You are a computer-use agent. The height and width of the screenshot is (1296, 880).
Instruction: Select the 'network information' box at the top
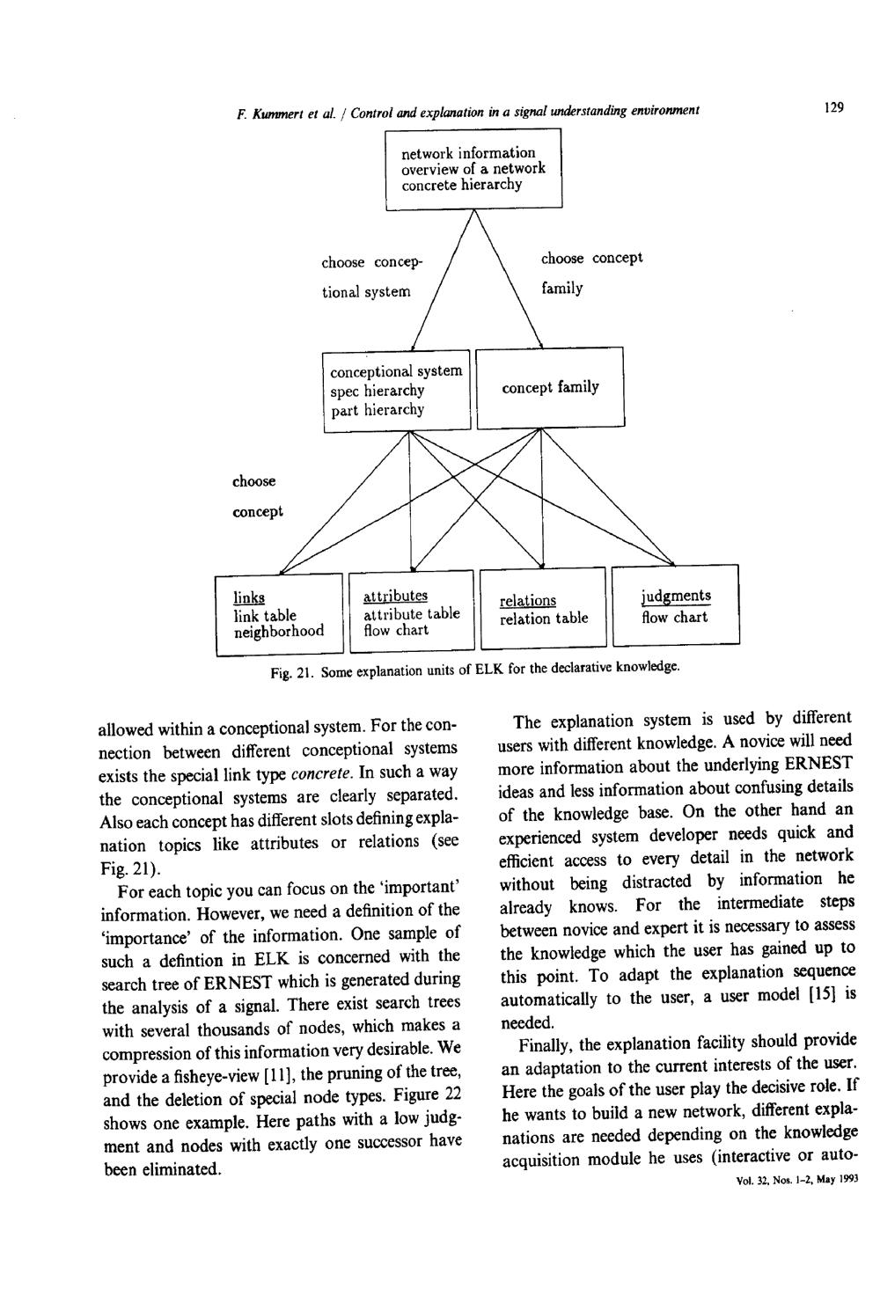(x=473, y=169)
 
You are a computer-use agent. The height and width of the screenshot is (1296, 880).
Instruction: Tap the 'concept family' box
(x=550, y=388)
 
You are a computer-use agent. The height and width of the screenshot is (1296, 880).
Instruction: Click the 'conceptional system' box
(x=397, y=391)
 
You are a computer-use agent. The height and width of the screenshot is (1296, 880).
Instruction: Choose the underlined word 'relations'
(x=528, y=601)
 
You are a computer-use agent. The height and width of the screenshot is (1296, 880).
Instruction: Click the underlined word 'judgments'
(x=676, y=597)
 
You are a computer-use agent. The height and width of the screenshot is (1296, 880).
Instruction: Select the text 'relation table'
(x=544, y=619)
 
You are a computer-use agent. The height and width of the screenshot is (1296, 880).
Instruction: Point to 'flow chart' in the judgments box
(x=674, y=617)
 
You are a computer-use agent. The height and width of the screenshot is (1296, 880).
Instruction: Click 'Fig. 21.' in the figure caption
(x=292, y=673)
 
